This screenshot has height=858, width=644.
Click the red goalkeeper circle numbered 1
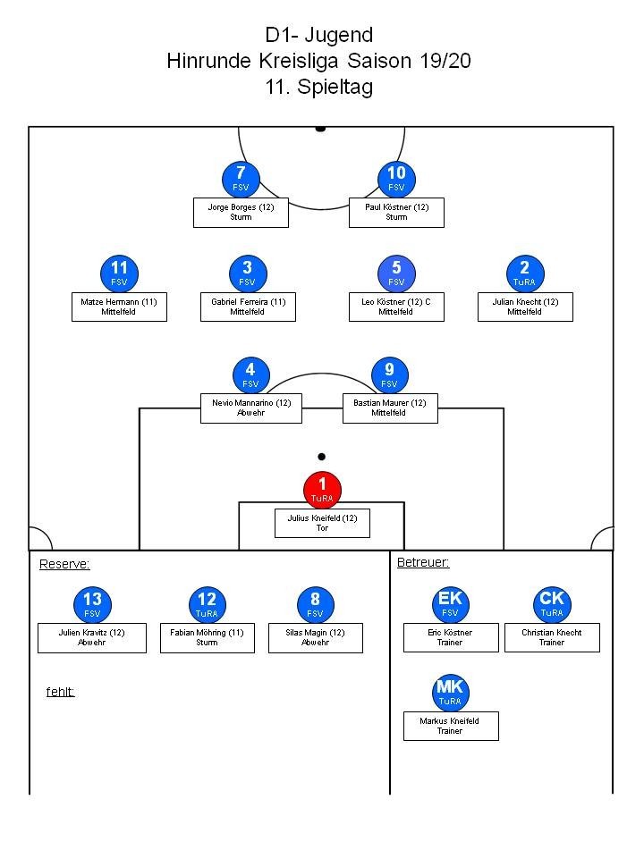(x=323, y=491)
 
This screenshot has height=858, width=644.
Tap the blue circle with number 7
(x=241, y=180)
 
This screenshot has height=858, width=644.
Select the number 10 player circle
(x=396, y=180)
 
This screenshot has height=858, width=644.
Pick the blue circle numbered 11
(x=119, y=274)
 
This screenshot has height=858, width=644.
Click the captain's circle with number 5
(x=396, y=274)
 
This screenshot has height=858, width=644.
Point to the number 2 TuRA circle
(x=525, y=274)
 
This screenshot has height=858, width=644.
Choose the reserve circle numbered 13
(x=92, y=605)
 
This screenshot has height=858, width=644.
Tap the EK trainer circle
(x=450, y=605)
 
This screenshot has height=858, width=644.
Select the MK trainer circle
(x=450, y=693)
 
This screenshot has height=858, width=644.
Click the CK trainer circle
(x=552, y=605)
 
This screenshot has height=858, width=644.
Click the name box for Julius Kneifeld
(x=323, y=523)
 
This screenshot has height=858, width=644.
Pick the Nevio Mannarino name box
(x=251, y=408)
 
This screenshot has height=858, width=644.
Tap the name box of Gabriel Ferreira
(x=248, y=307)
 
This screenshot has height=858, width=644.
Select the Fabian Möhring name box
(x=208, y=638)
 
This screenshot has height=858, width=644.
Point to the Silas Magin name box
(x=316, y=638)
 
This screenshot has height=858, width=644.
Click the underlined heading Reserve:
(x=64, y=564)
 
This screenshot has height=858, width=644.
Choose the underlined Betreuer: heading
(x=423, y=562)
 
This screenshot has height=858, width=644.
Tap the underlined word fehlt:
(x=60, y=692)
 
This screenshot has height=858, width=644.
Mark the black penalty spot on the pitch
(x=322, y=457)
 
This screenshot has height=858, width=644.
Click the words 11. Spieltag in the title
(x=319, y=87)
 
